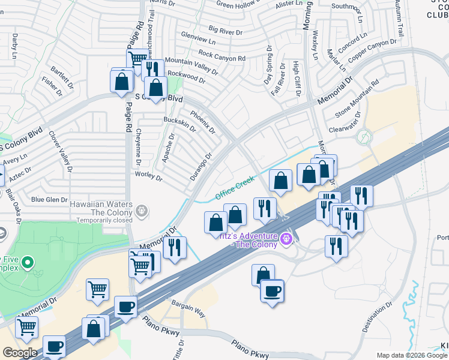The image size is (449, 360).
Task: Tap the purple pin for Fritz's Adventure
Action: click(287, 239)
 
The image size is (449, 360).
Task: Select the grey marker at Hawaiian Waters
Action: click(142, 210)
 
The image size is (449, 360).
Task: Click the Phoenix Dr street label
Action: click(202, 121)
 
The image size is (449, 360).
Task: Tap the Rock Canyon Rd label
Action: click(221, 55)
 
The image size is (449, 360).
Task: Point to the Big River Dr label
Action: click(225, 29)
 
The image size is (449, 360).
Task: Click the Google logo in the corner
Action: click(20, 353)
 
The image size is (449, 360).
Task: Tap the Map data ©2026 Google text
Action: click(411, 355)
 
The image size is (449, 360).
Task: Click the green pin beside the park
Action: click(29, 262)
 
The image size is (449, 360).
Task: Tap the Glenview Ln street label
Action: click(197, 40)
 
